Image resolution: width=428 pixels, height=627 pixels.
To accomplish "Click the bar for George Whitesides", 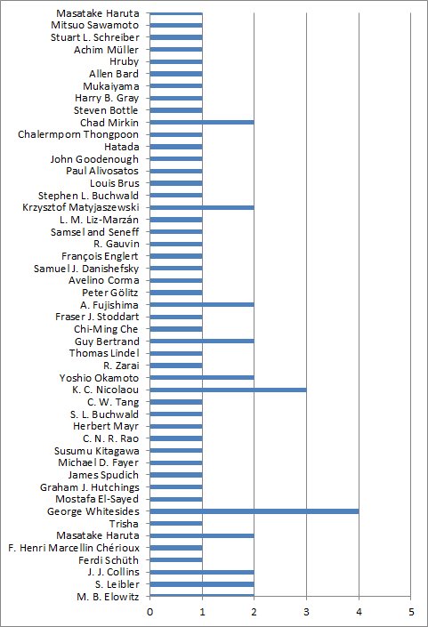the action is click(x=254, y=511).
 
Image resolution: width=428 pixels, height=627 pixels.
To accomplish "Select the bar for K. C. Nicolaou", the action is click(x=228, y=390).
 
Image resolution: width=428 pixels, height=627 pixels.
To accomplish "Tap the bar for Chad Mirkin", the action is click(x=202, y=122).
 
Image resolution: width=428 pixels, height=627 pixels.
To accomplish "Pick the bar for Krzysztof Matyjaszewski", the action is click(x=202, y=207).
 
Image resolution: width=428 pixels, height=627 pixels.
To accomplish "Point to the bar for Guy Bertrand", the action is click(x=202, y=342).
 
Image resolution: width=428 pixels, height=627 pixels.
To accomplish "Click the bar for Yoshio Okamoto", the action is click(x=202, y=377).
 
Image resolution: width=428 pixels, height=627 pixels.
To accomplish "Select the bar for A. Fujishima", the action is click(x=202, y=305).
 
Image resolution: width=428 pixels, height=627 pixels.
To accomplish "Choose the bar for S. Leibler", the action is click(x=202, y=584).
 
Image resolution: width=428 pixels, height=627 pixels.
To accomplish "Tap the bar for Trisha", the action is click(x=176, y=524).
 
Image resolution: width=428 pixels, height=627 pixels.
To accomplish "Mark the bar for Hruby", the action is click(x=176, y=61).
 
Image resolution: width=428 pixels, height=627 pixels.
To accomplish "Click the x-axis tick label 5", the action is click(x=411, y=611).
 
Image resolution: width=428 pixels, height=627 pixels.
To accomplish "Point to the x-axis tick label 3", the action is click(x=306, y=611).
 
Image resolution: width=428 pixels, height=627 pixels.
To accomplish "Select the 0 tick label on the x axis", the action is click(x=150, y=611).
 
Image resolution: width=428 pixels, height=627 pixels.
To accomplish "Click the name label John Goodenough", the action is click(x=94, y=159).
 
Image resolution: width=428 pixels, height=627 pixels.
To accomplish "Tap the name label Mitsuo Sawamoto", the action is click(x=95, y=25).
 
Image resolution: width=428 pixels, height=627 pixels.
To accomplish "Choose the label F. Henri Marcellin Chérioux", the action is click(x=74, y=548).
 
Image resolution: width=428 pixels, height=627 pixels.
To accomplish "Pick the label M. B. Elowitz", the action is click(x=108, y=597).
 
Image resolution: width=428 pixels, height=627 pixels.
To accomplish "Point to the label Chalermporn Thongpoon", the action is click(x=78, y=135).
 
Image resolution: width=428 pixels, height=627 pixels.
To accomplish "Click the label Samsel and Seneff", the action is click(x=95, y=232).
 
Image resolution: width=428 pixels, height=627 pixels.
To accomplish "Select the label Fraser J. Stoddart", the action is click(x=97, y=317).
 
